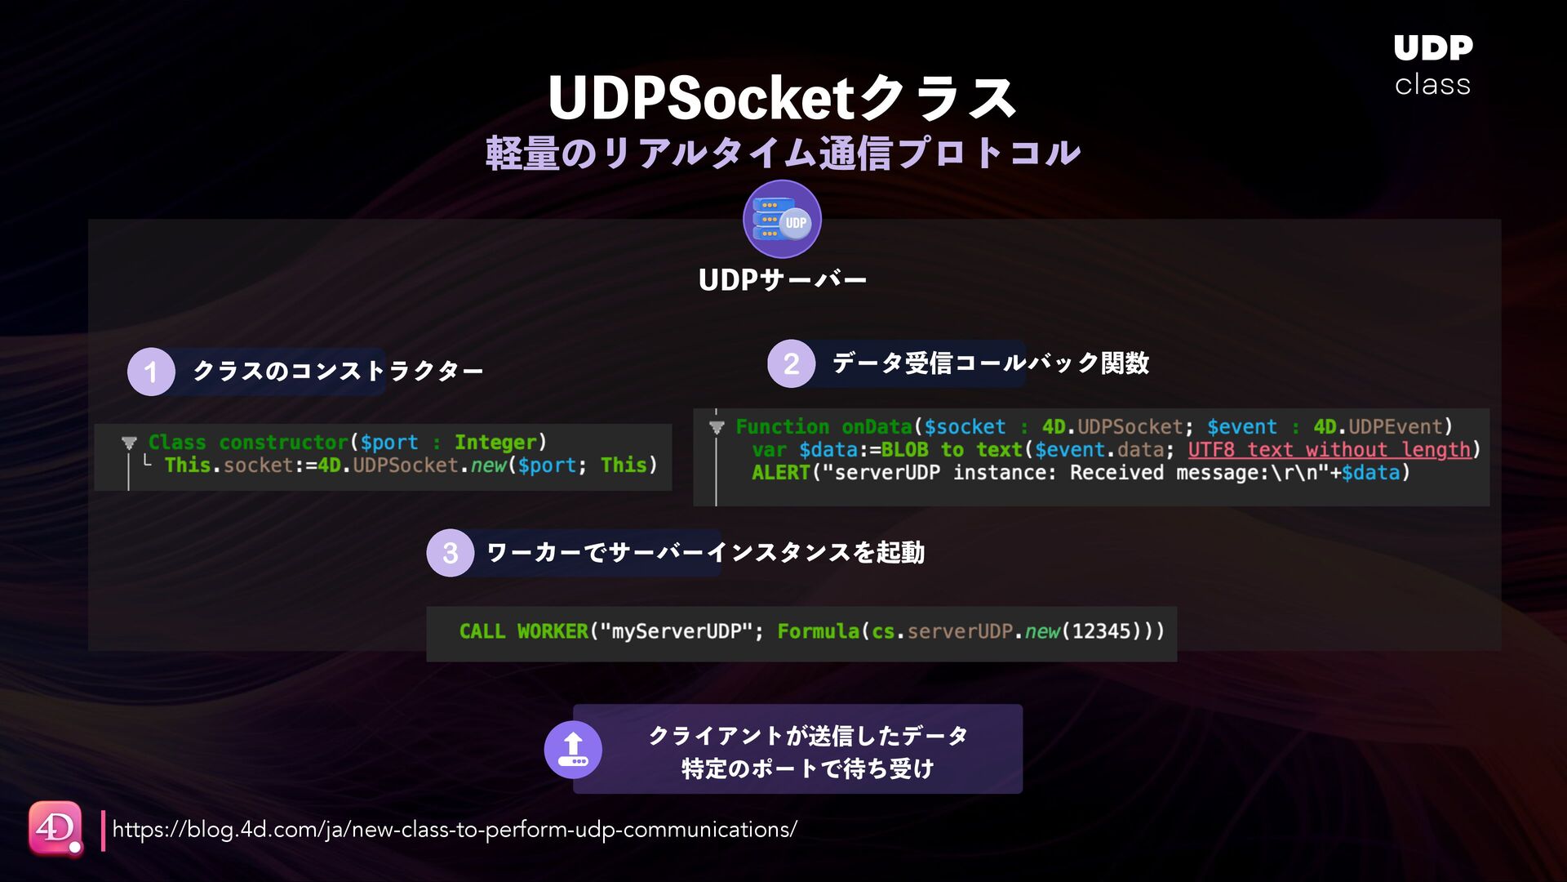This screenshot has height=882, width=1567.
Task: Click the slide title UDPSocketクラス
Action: point(782,98)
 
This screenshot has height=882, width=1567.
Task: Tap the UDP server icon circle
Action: point(782,219)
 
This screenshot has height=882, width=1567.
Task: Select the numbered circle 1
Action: point(151,372)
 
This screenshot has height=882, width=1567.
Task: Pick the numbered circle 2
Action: point(791,363)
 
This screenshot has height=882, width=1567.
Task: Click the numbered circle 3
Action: point(450,553)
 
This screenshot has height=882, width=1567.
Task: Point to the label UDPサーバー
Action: point(782,280)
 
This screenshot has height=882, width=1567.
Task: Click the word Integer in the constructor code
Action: point(495,443)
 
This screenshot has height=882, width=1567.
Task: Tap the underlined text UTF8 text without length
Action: point(1329,450)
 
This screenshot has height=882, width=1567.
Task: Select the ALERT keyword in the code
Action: point(780,473)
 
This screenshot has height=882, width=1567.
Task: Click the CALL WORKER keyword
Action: point(523,631)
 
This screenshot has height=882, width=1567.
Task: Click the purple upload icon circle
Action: point(573,749)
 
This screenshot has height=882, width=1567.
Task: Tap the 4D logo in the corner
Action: point(55,828)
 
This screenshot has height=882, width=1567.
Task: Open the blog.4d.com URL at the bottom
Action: point(455,830)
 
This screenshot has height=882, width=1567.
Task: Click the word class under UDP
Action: point(1432,85)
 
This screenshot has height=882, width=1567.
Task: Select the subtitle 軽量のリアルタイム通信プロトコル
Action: point(782,154)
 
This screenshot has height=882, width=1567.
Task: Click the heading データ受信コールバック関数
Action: point(990,363)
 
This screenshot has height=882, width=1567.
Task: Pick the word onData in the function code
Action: point(877,427)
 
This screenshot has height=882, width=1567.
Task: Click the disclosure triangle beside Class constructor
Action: point(129,443)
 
